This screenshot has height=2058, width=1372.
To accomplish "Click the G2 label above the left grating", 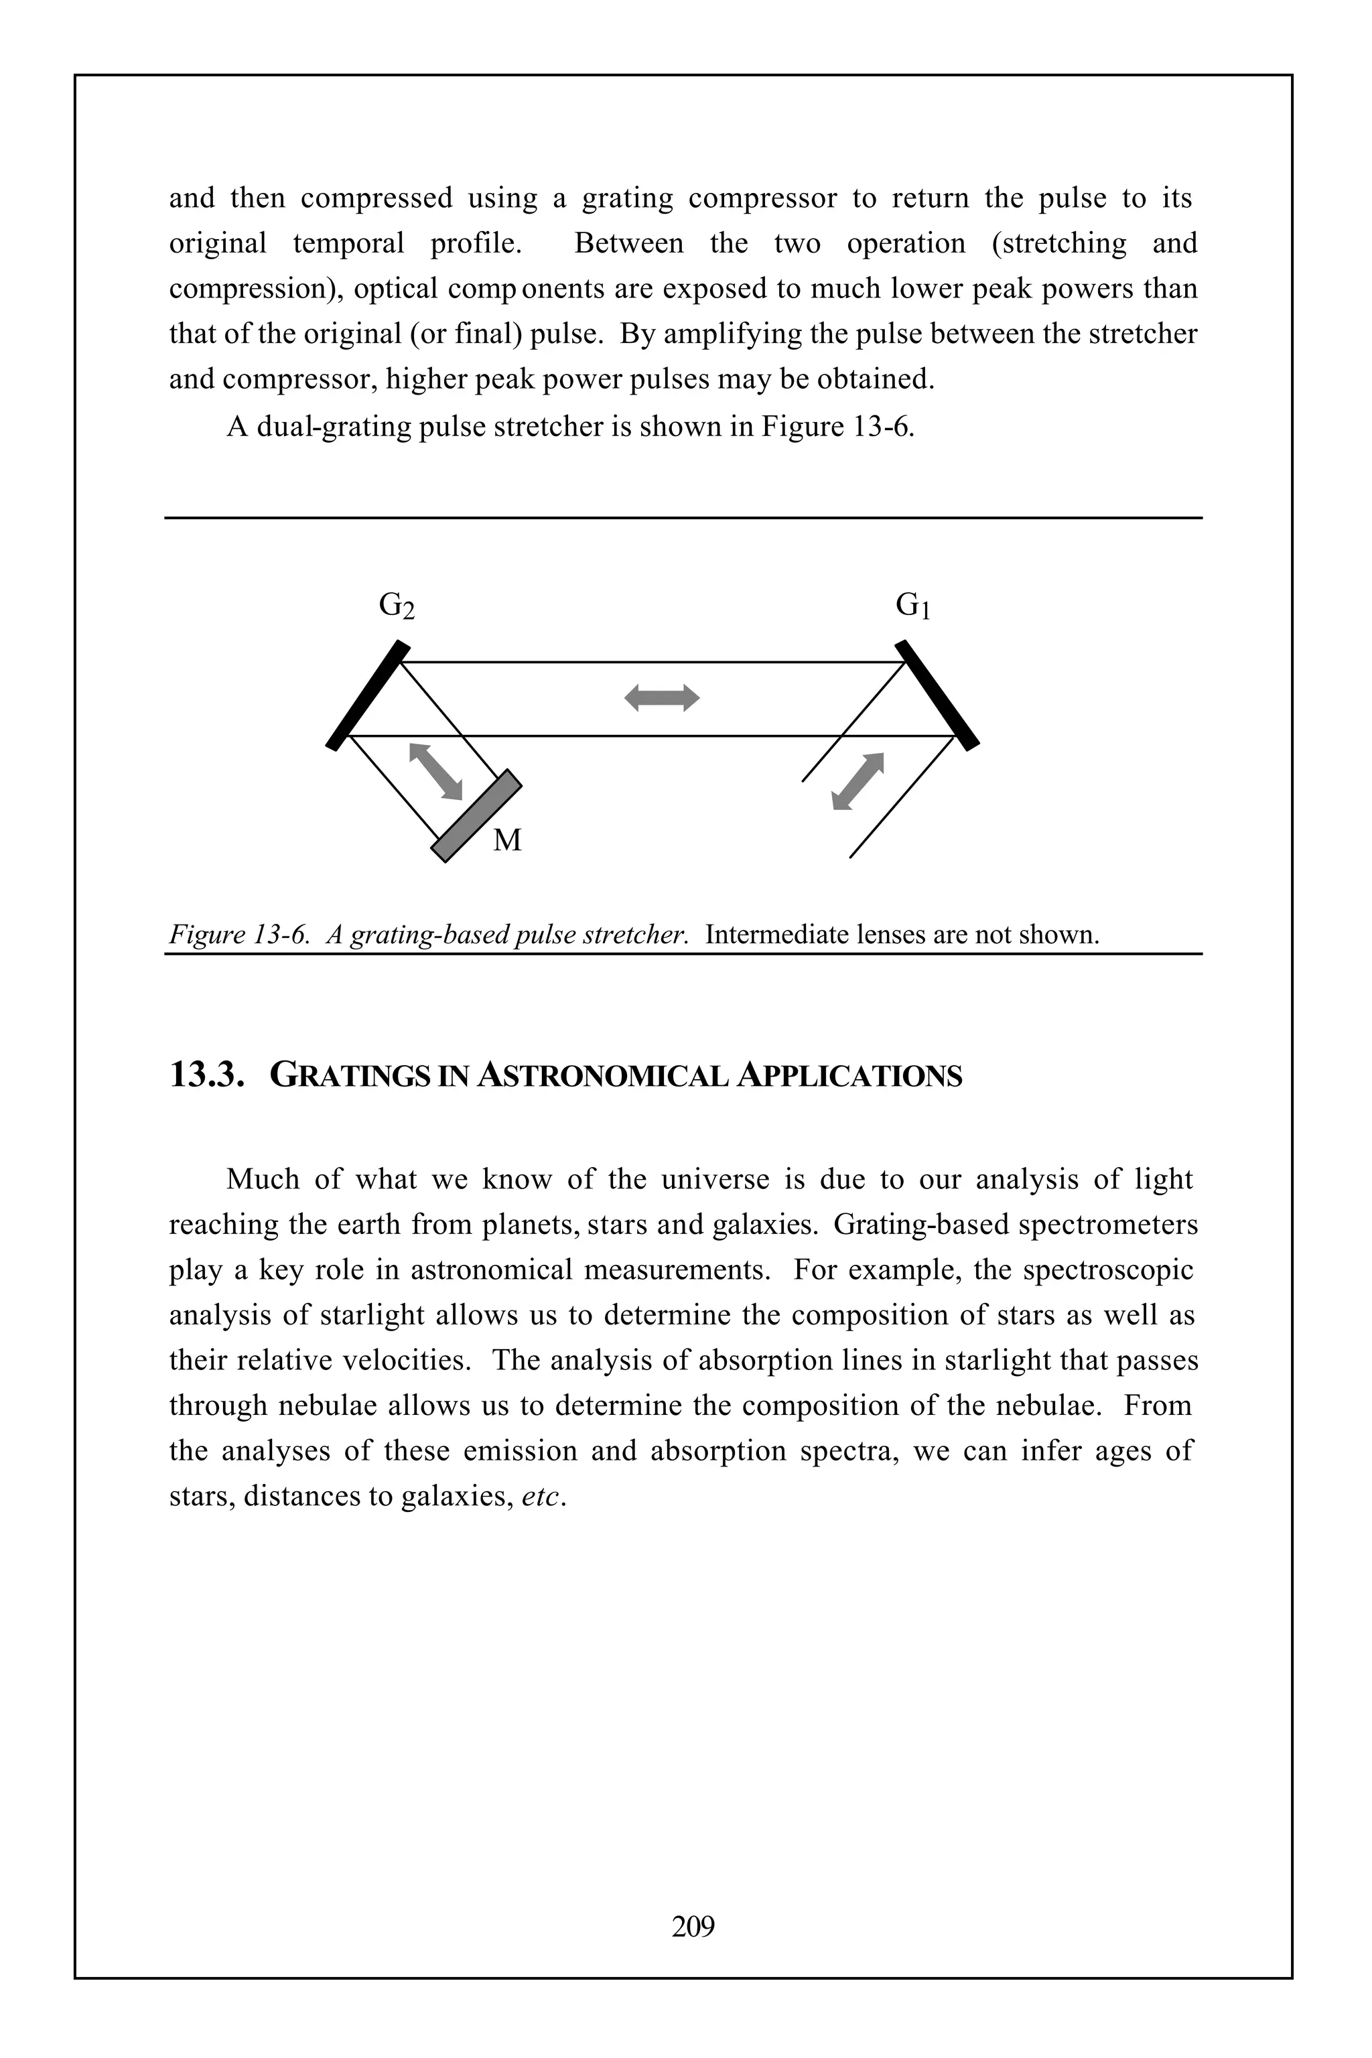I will [x=397, y=606].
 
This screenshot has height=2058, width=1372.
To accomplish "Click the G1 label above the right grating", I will [x=912, y=605].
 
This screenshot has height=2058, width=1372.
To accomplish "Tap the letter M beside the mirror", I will [x=508, y=841].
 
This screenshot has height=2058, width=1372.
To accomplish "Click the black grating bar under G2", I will [x=368, y=695].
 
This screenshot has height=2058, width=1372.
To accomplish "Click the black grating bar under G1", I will [x=937, y=695].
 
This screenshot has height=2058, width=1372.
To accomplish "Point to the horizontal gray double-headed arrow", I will [x=663, y=697].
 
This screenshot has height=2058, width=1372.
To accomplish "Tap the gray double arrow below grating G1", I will [x=857, y=780].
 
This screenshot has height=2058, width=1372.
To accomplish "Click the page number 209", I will [x=693, y=1926].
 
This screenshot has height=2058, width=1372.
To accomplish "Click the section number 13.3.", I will [x=206, y=1075].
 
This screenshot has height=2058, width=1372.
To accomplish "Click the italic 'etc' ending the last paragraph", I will [x=540, y=1496].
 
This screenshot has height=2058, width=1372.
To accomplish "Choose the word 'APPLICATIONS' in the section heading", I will [x=849, y=1075].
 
